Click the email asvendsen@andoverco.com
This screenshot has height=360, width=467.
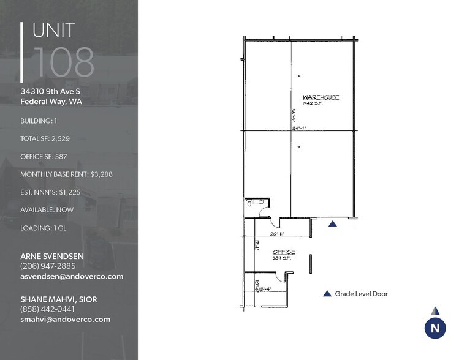72,276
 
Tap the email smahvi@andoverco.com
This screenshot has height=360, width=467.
65,320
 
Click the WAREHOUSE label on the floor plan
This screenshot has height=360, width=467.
321,97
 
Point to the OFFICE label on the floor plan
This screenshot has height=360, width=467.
284,252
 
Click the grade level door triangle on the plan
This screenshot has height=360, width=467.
332,225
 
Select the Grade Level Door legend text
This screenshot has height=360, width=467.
361,294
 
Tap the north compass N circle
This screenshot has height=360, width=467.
435,328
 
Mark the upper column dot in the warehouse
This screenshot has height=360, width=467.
299,76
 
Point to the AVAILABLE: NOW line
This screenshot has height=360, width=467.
47,209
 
